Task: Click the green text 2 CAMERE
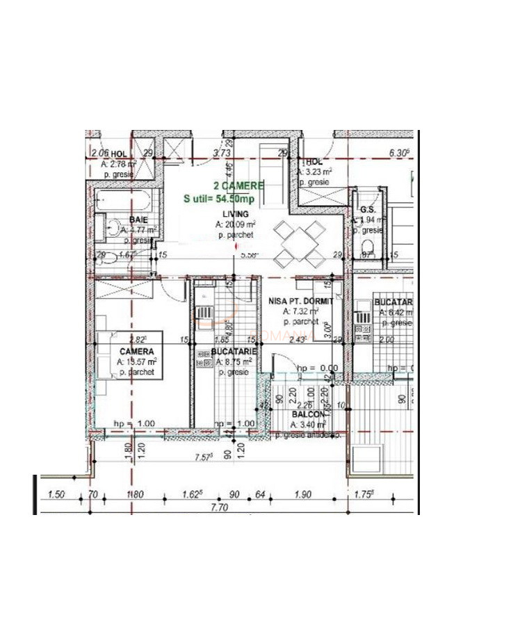tap(223, 186)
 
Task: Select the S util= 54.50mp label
tap(218, 199)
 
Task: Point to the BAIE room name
tap(137, 220)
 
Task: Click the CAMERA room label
tap(136, 352)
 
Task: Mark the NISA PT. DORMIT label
tap(300, 302)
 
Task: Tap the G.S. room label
tap(368, 210)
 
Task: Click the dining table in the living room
tap(300, 244)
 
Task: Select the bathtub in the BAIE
tap(123, 202)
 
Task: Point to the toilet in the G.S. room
tap(368, 247)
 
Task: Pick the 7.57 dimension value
tap(202, 457)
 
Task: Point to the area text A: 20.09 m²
tap(235, 224)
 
